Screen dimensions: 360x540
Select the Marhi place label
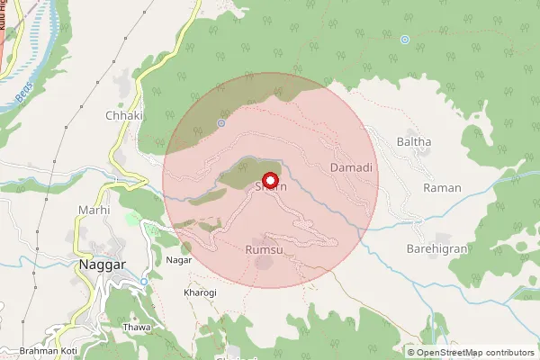[x=94, y=210]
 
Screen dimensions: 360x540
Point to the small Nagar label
[x=179, y=259]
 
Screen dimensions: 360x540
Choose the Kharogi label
[x=175, y=293]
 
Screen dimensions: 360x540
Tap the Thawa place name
[x=136, y=328]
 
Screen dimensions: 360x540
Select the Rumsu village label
[x=264, y=247]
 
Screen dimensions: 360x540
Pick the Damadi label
[x=351, y=168]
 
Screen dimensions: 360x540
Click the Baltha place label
[x=414, y=142]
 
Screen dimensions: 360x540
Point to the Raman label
[x=444, y=188]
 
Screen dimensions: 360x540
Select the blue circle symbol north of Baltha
[x=405, y=40]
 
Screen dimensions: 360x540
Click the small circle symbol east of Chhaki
[x=220, y=122]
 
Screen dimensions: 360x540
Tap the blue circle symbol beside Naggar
[x=143, y=283]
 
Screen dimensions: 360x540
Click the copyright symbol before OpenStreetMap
[x=411, y=352]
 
